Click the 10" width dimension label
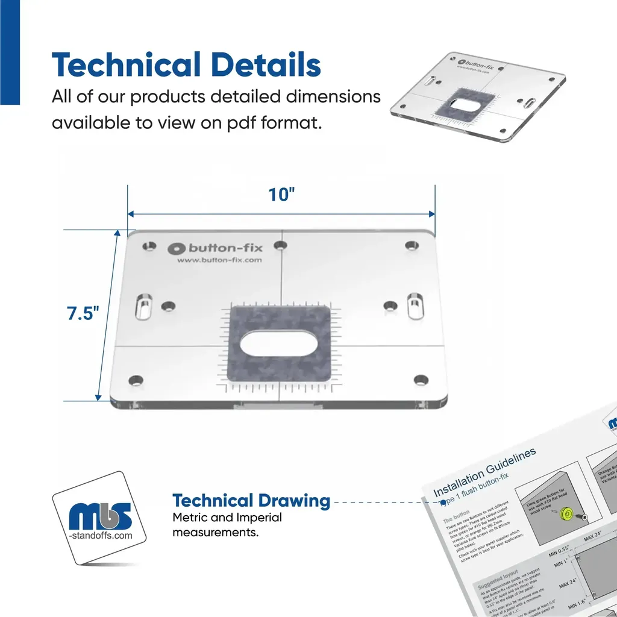pyautogui.click(x=282, y=195)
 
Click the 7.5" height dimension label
pyautogui.click(x=83, y=315)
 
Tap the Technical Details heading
pyautogui.click(x=186, y=64)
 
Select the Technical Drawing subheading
pyautogui.click(x=251, y=501)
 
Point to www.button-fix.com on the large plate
pyautogui.click(x=219, y=260)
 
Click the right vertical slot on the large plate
pyautogui.click(x=415, y=305)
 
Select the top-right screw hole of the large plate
pyautogui.click(x=412, y=246)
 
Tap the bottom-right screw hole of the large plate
pyautogui.click(x=420, y=380)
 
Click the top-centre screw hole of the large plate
pyautogui.click(x=280, y=246)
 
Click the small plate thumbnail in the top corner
pyautogui.click(x=478, y=98)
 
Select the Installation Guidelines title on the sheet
pyautogui.click(x=484, y=472)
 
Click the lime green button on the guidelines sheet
pyautogui.click(x=566, y=513)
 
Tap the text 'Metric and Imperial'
pyautogui.click(x=227, y=518)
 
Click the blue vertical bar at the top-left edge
pyautogui.click(x=10, y=52)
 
